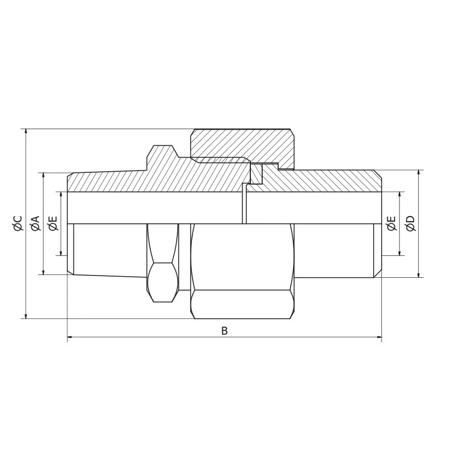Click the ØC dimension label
coord(17,223)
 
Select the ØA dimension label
coord(35,223)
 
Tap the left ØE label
coord(53,223)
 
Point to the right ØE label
coord(392,223)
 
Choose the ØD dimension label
coord(410,223)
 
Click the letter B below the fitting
coord(224,331)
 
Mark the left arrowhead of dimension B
coord(70,338)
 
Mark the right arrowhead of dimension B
coord(379,338)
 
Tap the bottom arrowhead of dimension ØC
coord(26,317)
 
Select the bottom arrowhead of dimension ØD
coord(419,275)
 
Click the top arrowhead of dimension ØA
coord(44,175)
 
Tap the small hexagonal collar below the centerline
coord(163,264)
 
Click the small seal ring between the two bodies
coord(256,174)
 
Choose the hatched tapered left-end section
coord(101,181)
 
